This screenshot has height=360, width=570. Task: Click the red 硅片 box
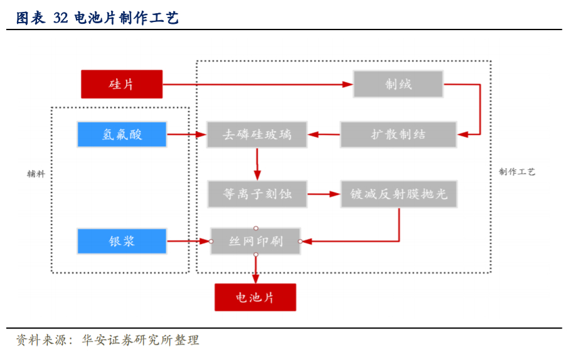coord(122,84)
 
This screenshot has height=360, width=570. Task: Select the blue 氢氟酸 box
coord(122,134)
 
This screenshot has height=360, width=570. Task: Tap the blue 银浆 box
coord(122,241)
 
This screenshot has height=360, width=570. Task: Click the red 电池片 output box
coord(255,297)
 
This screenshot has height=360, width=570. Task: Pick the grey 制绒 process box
coord(398,84)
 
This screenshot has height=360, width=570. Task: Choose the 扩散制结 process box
coord(398,134)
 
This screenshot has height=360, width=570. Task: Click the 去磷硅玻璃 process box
coord(257,134)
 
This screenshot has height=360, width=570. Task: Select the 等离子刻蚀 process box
coord(257,194)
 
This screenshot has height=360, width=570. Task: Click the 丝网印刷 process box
coord(255,241)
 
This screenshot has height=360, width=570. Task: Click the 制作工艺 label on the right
coord(517,172)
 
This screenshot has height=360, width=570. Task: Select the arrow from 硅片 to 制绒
coord(257,84)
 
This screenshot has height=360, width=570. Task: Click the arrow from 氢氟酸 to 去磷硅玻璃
coord(187,134)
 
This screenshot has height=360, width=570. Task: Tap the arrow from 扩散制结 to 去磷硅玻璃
coord(324,134)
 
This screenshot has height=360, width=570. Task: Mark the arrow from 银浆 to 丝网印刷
coord(188,241)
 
